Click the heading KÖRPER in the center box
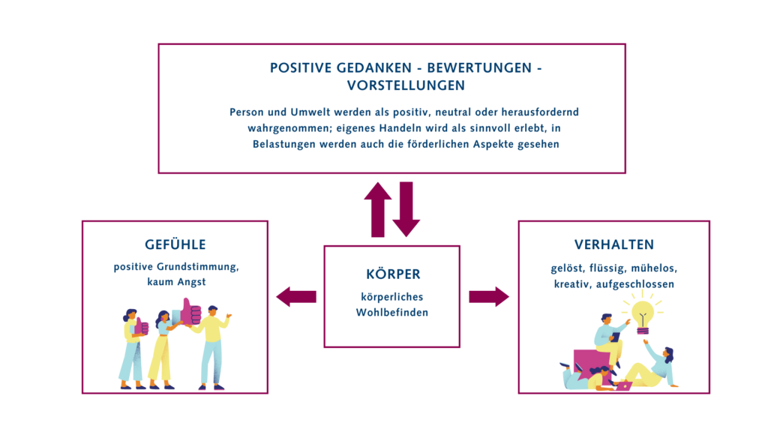[x=391, y=274]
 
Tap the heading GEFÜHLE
[x=175, y=244]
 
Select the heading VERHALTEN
[x=613, y=244]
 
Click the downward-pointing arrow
[x=406, y=208]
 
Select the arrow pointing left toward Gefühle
[x=295, y=297]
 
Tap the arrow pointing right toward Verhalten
[x=488, y=297]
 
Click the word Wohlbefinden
[x=391, y=312]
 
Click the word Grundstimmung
[x=199, y=266]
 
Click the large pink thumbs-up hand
[x=190, y=311]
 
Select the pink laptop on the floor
[x=622, y=386]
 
